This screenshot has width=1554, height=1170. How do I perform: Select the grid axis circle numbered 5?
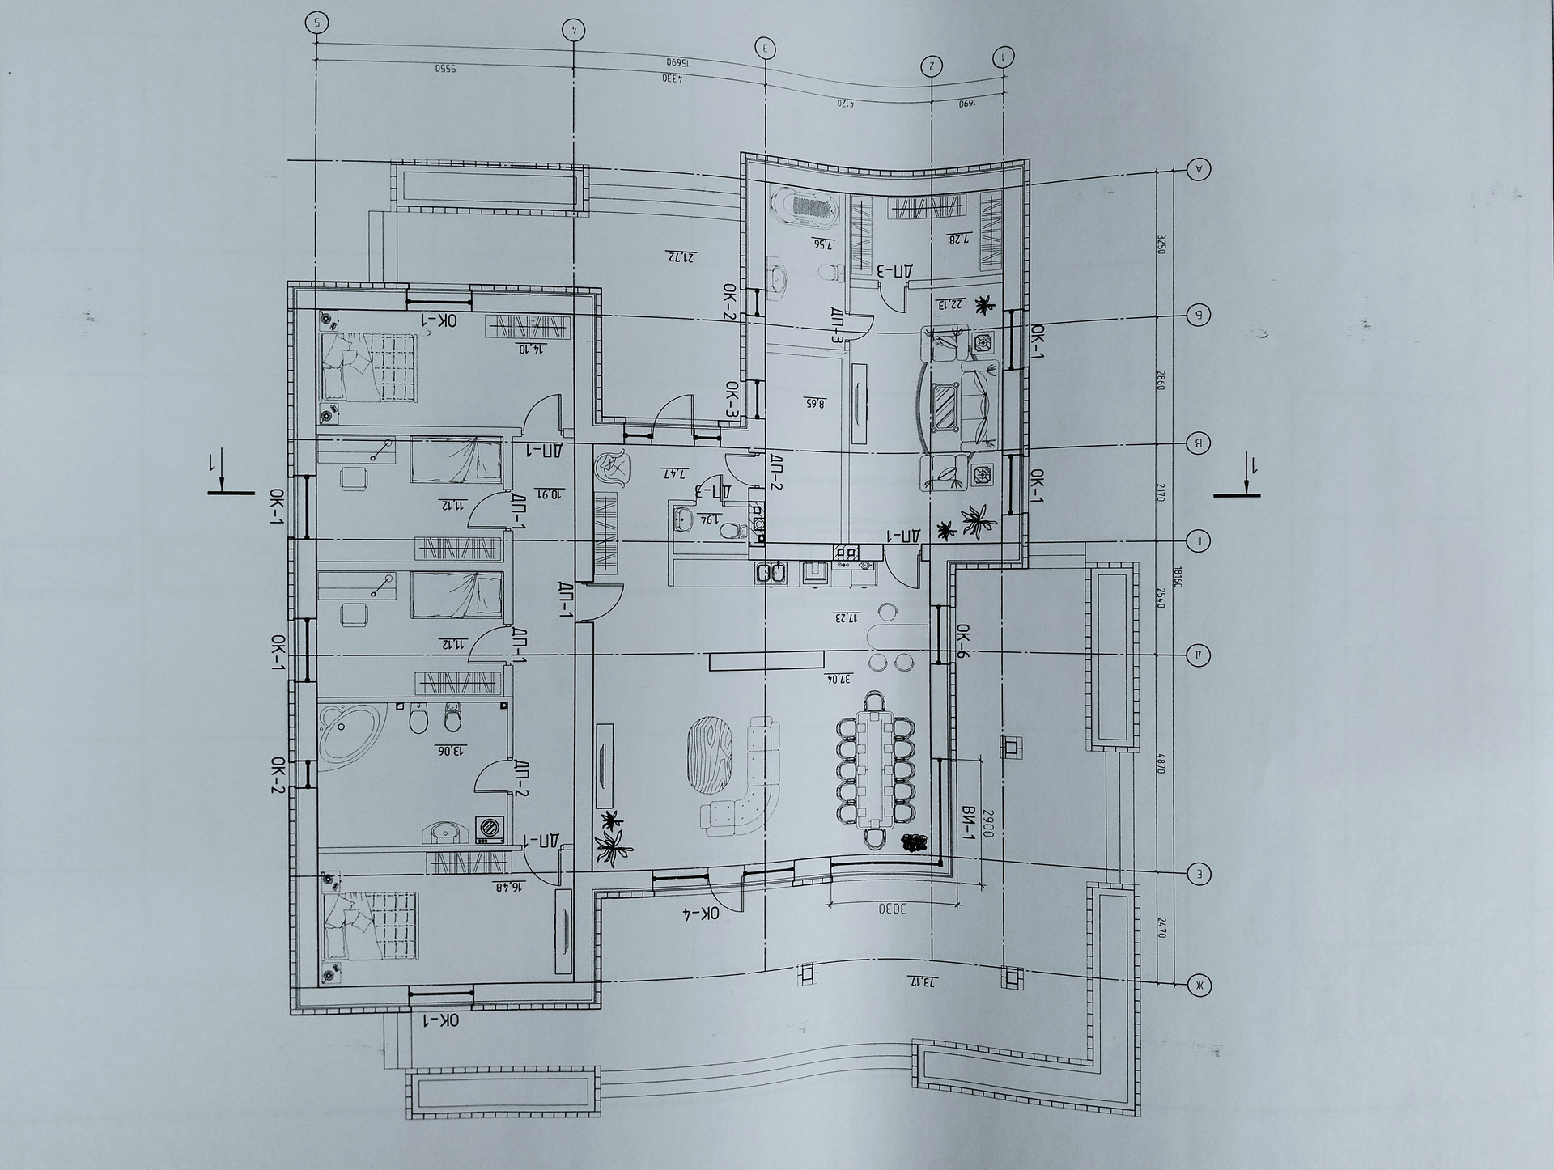click(x=316, y=23)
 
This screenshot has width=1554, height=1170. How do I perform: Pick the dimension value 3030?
click(x=891, y=909)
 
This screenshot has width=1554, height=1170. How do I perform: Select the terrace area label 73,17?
click(x=922, y=982)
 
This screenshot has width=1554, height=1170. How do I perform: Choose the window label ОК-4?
click(x=700, y=914)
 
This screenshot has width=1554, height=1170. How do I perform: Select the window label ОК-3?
click(x=731, y=401)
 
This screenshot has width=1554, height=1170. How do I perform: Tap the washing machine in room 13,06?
click(x=488, y=828)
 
